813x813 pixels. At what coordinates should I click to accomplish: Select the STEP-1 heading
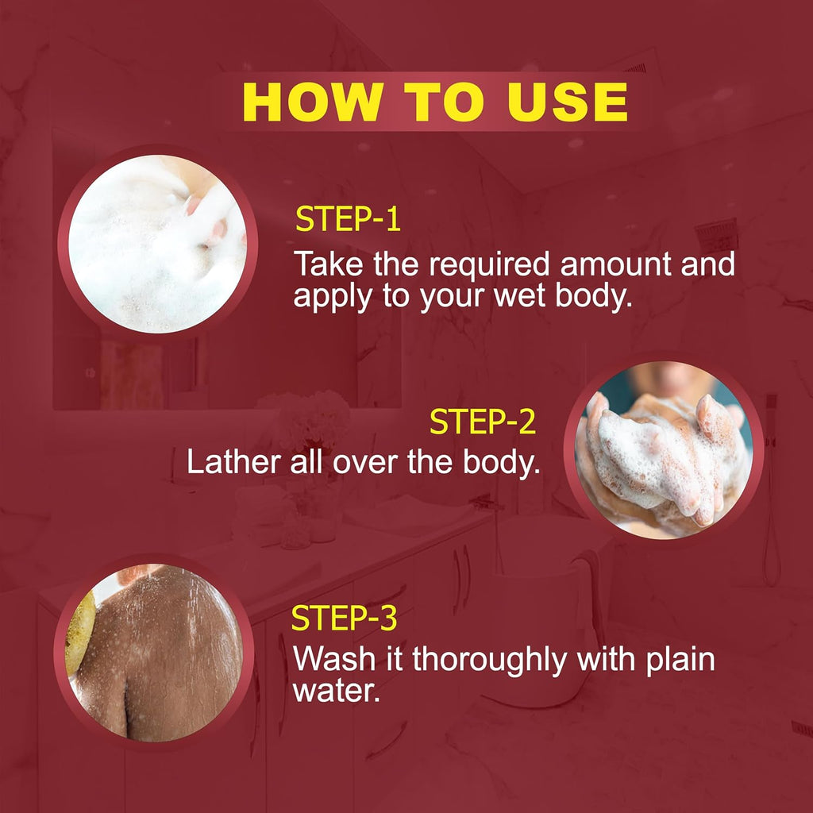coord(348,219)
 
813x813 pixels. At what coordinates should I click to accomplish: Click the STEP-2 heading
coord(482,422)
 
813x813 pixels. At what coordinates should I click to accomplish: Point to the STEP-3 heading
coord(345,618)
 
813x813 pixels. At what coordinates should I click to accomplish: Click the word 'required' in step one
coord(489,265)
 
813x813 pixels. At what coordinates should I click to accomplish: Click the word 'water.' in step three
coord(337,692)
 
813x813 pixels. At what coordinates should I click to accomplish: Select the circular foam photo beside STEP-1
coord(158,244)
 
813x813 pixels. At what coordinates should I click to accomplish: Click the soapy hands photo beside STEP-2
coord(664,450)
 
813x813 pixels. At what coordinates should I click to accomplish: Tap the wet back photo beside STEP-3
coord(154,653)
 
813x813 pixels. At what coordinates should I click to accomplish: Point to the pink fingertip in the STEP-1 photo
coord(193,206)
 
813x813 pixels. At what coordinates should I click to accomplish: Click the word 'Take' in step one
coord(328,264)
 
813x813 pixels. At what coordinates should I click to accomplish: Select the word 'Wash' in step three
coord(334,659)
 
